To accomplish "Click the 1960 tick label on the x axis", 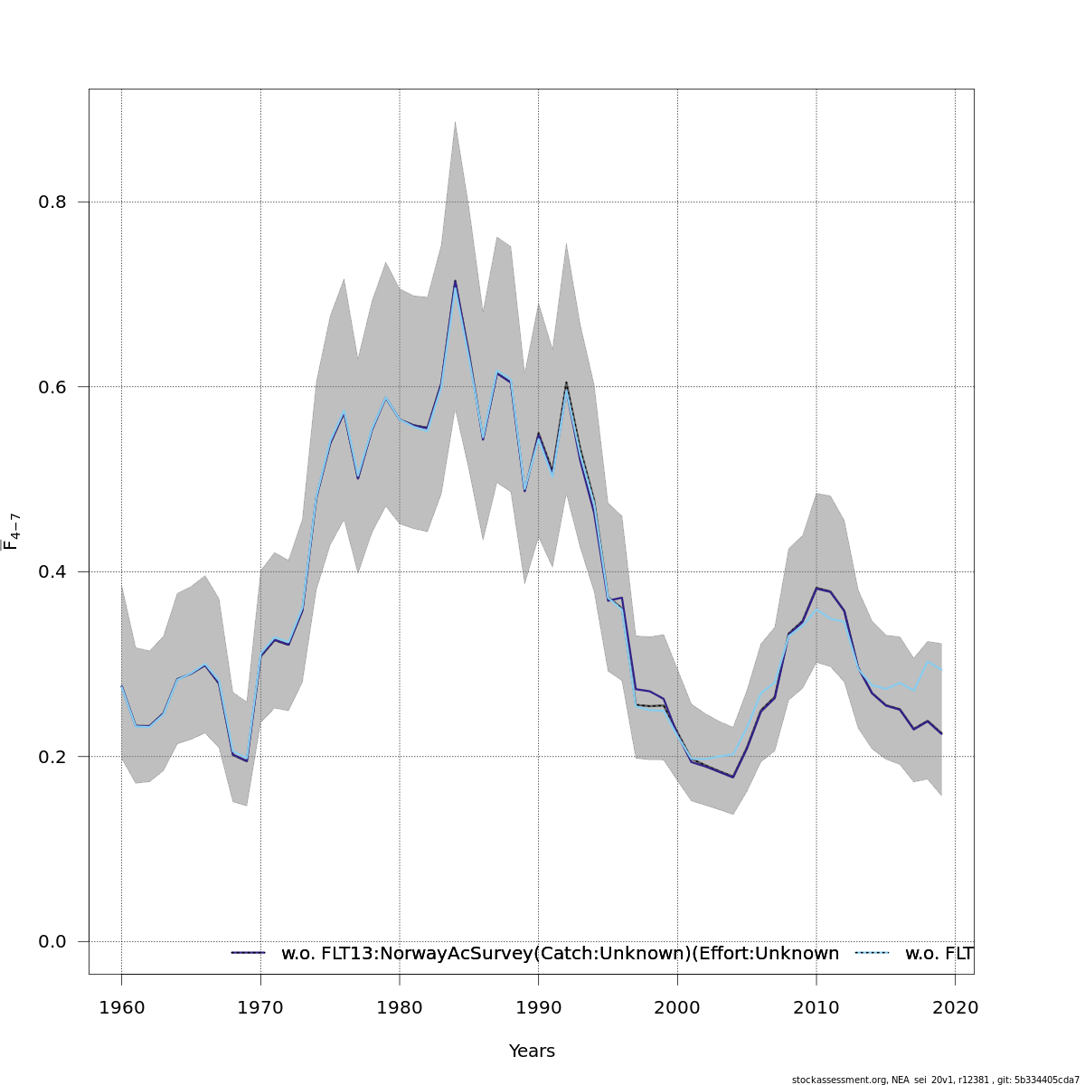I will (121, 1007).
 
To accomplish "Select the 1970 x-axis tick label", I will (260, 1007).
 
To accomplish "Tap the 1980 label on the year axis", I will (400, 1007).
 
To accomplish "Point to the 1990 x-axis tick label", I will (538, 1007).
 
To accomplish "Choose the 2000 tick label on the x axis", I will (677, 1007).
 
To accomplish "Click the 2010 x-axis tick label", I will (816, 1007).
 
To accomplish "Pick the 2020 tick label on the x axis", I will (955, 1007).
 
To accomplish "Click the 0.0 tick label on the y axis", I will (52, 942).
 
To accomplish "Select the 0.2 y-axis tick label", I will (52, 757).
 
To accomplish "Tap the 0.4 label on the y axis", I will (52, 572).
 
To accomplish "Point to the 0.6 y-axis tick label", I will (52, 387).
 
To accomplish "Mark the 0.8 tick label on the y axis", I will (52, 203).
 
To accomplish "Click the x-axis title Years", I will (532, 1052).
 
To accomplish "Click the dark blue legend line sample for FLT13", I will (248, 953).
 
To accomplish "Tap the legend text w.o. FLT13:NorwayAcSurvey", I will (560, 954).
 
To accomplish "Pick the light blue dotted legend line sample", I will (873, 953).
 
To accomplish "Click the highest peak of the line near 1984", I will (455, 281).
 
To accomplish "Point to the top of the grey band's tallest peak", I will (455, 121).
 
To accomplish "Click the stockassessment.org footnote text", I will (935, 1080).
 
